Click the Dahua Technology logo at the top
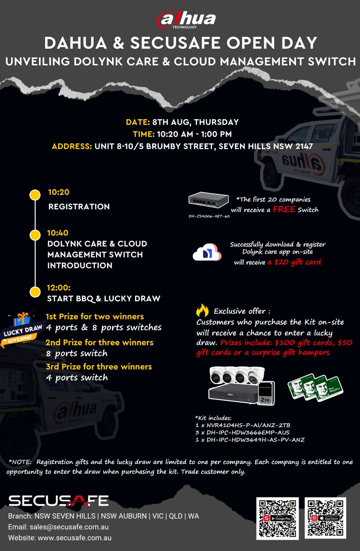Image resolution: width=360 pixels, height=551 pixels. pyautogui.click(x=186, y=19)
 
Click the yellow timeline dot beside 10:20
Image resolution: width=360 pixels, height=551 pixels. pyautogui.click(x=35, y=195)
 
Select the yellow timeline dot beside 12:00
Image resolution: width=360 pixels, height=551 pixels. pyautogui.click(x=35, y=291)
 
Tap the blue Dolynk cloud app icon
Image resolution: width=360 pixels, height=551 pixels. pyautogui.click(x=207, y=252)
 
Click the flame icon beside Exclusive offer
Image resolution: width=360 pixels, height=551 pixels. pyautogui.click(x=202, y=310)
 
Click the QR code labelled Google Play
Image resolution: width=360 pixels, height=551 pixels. pyautogui.click(x=277, y=518)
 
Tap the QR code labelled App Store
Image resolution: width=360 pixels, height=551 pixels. pyautogui.click(x=325, y=518)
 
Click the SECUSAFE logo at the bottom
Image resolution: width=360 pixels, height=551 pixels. pyautogui.click(x=58, y=501)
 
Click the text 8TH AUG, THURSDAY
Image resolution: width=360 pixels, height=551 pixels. pyautogui.click(x=195, y=122)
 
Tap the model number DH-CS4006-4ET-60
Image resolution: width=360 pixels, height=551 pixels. pyautogui.click(x=209, y=216)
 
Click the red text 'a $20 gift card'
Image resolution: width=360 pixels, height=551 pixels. pyautogui.click(x=294, y=262)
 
